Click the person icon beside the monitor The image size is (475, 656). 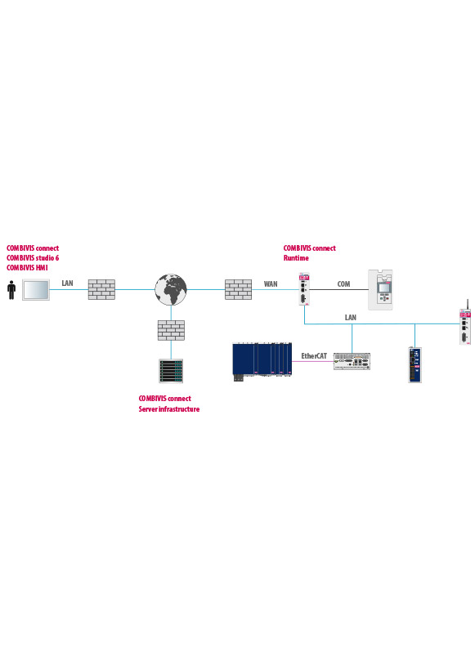click(11, 290)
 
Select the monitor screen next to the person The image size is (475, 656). click(36, 289)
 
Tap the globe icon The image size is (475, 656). click(171, 289)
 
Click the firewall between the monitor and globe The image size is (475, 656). click(101, 289)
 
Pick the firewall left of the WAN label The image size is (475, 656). click(239, 289)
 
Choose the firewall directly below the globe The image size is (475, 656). click(171, 330)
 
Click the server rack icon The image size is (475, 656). click(171, 371)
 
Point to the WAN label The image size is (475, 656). click(271, 284)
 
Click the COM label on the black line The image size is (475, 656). click(343, 284)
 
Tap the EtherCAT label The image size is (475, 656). click(314, 356)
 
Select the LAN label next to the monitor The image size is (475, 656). click(67, 283)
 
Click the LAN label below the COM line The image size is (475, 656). click(351, 318)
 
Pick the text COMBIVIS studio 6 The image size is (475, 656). click(33, 257)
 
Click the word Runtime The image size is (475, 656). click(296, 258)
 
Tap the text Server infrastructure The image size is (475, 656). click(169, 409)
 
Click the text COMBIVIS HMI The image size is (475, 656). click(27, 268)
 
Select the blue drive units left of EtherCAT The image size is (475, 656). click(262, 361)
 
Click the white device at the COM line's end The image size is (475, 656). click(380, 290)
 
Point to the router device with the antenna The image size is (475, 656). click(465, 322)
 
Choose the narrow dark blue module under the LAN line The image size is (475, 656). click(415, 365)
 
